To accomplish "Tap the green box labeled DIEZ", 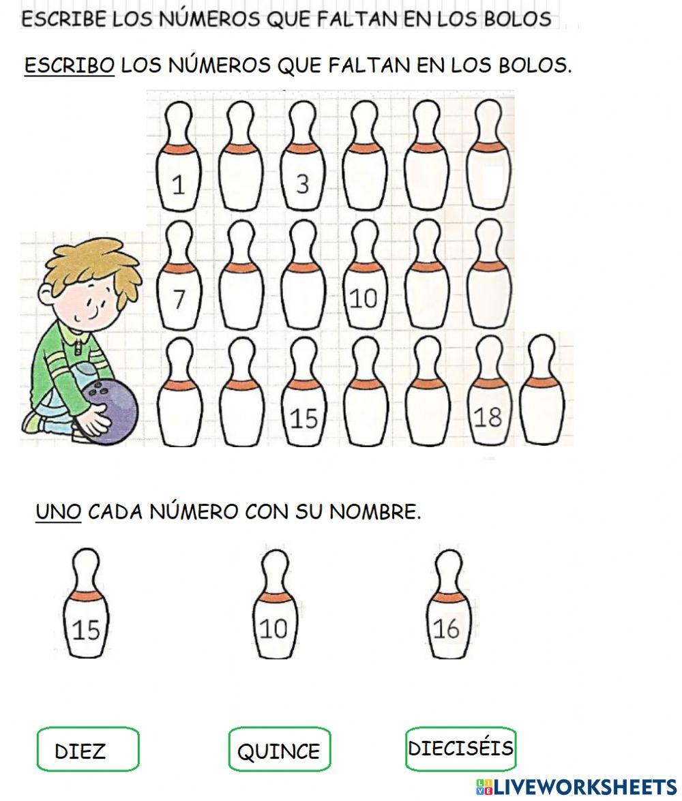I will point(88,749).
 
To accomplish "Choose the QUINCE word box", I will point(279,750).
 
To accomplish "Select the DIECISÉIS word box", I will point(460,748).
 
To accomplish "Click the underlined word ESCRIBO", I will point(70,65).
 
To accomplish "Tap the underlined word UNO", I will point(59,511).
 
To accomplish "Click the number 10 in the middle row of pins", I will point(362,298).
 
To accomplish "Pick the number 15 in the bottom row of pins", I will point(303,418).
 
